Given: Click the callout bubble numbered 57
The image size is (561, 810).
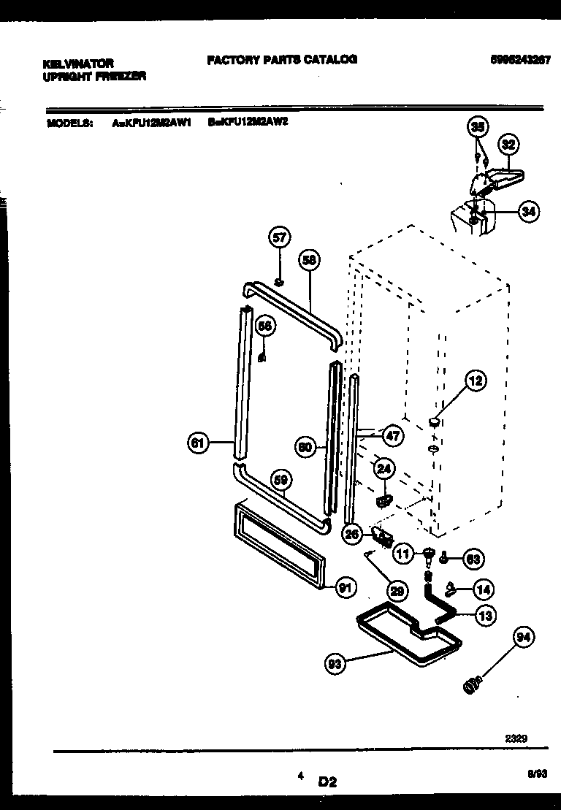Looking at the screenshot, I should click(x=280, y=237).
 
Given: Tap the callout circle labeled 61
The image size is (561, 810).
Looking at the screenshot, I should click(x=197, y=443).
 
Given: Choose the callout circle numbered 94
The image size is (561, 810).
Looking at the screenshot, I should click(x=523, y=638).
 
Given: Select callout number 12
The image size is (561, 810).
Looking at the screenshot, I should click(x=476, y=381).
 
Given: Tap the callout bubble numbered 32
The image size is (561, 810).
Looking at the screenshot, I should click(x=508, y=145).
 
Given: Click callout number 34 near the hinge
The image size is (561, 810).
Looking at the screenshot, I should click(x=528, y=213).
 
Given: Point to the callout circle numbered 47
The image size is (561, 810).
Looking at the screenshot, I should click(x=392, y=437).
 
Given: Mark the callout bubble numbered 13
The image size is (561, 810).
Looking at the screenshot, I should click(x=484, y=616).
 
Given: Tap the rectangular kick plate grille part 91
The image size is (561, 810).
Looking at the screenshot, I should click(x=278, y=545).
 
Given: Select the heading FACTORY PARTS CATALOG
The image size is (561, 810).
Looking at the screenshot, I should click(x=282, y=59).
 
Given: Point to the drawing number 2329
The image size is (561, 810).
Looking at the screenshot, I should click(x=516, y=738).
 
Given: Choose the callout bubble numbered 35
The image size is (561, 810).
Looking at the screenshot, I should click(x=477, y=127).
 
